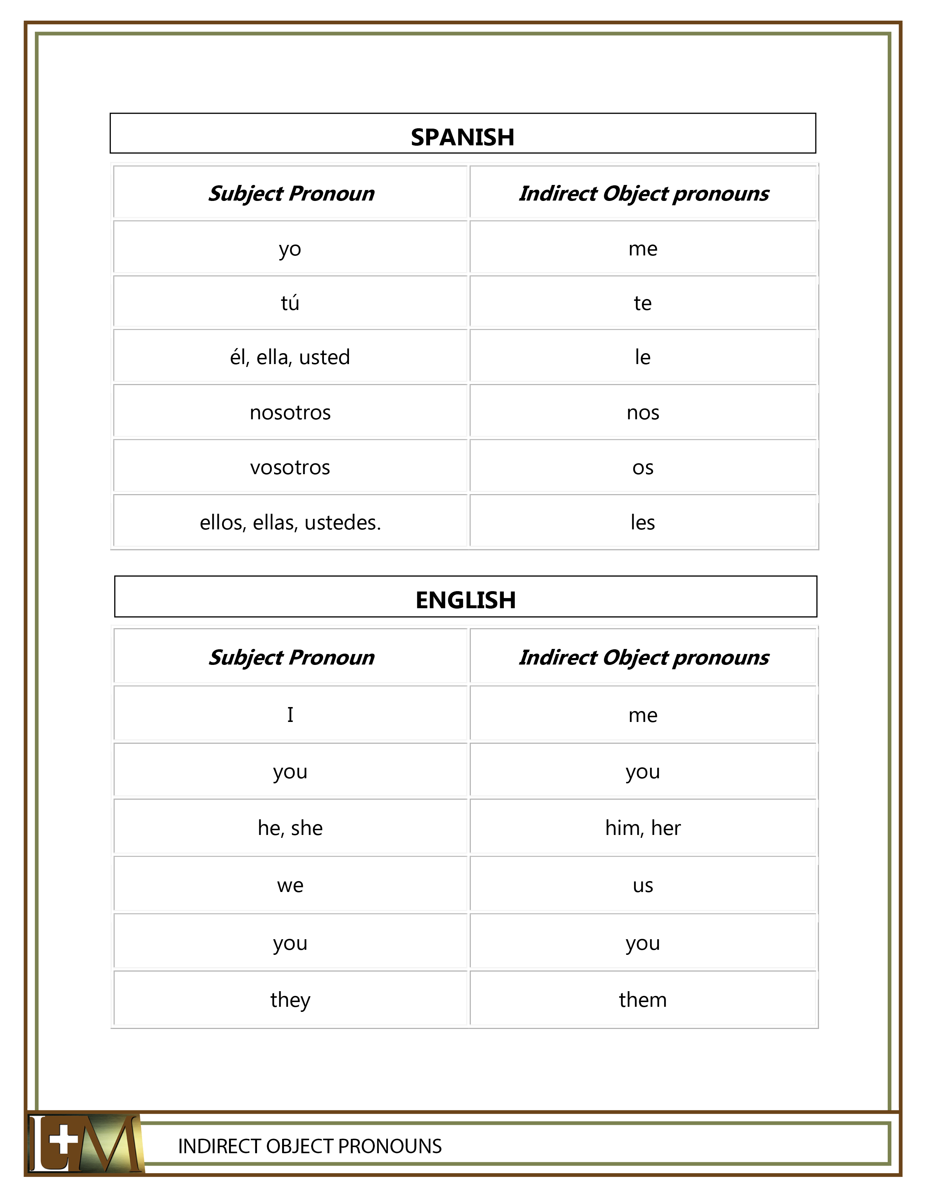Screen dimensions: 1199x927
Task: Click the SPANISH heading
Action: tap(462, 137)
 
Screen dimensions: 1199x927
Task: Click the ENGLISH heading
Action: tap(465, 600)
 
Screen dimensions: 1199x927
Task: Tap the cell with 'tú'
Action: tap(290, 303)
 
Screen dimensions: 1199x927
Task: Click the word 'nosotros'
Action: tap(290, 412)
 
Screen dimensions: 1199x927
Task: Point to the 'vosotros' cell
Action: tap(290, 467)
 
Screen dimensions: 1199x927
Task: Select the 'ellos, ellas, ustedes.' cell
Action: tap(290, 522)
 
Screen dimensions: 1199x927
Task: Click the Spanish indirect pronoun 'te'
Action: tap(642, 303)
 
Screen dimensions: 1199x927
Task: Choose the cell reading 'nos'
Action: tap(642, 412)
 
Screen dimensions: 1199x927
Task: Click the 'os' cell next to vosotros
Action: tap(642, 467)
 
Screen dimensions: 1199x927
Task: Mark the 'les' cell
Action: tap(642, 522)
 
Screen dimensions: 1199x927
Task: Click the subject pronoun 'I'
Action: tap(290, 715)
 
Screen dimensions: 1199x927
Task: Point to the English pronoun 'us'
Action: tap(642, 885)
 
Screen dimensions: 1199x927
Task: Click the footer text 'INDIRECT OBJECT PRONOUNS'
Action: tap(310, 1146)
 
